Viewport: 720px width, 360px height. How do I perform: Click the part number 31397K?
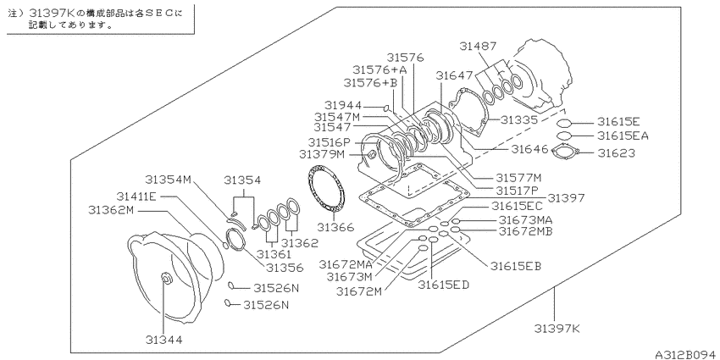(557, 329)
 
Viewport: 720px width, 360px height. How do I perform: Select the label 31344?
(164, 340)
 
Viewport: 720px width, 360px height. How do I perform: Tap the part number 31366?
(335, 227)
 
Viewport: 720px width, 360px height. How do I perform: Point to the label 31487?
(478, 46)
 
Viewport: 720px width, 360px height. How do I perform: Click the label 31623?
(616, 153)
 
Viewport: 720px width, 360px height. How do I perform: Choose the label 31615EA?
(623, 136)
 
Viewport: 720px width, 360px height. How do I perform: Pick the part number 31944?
(343, 106)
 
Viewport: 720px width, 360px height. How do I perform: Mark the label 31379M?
(321, 154)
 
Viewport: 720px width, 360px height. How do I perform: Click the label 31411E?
(136, 197)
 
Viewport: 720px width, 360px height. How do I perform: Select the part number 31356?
(285, 267)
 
